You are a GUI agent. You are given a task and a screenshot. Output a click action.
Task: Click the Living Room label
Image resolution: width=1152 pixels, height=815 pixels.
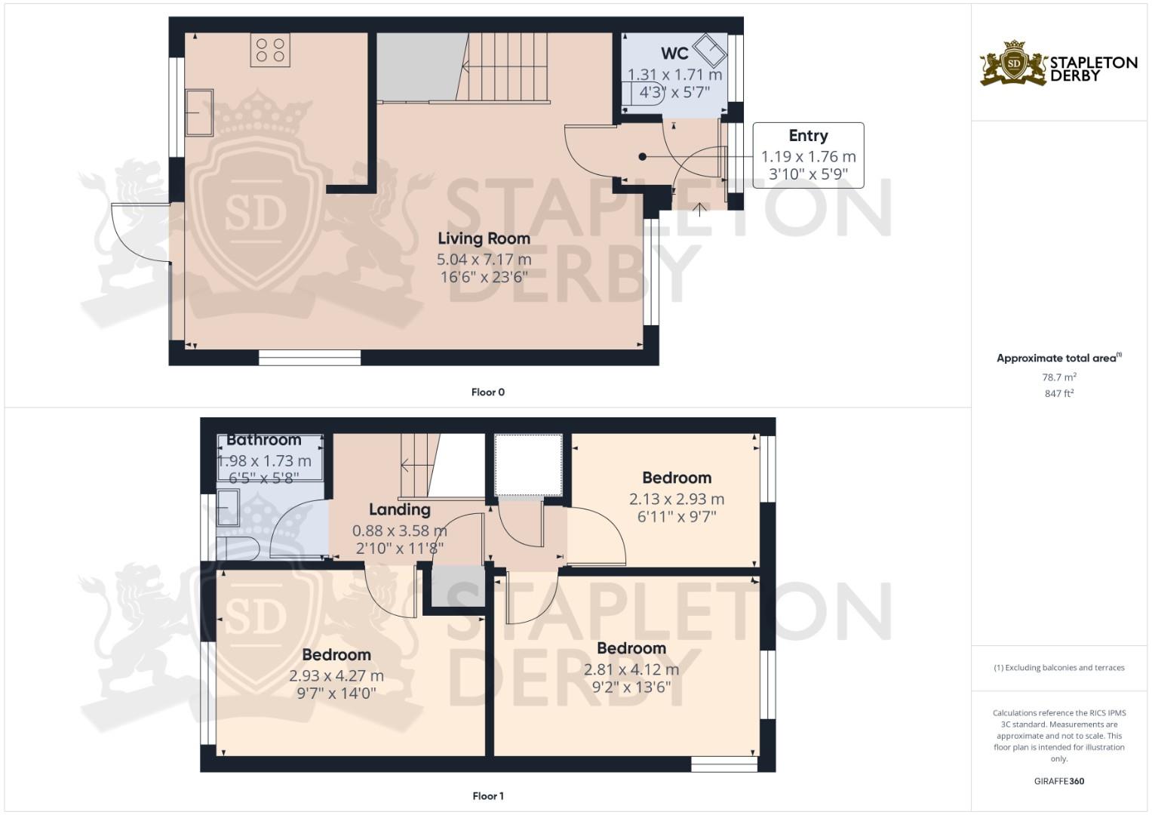point(484,238)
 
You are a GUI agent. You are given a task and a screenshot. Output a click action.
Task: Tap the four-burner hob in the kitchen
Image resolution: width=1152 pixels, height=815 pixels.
point(270,51)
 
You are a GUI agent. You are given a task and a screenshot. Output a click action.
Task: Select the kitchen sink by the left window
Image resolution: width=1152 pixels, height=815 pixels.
point(199,112)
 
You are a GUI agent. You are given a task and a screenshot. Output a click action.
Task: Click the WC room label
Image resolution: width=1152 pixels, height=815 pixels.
point(674,54)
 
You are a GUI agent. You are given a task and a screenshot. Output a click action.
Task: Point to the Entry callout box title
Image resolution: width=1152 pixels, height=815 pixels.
point(808,136)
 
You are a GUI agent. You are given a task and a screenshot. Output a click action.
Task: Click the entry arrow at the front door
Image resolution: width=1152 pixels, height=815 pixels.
point(699,209)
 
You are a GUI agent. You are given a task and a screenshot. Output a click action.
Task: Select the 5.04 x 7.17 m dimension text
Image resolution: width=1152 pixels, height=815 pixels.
point(484,259)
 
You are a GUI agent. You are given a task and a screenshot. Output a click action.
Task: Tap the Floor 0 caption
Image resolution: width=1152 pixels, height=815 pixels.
point(487,392)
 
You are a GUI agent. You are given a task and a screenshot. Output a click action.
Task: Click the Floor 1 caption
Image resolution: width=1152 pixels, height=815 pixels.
point(487,796)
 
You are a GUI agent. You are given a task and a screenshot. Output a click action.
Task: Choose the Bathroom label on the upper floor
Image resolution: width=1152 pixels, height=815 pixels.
point(263,440)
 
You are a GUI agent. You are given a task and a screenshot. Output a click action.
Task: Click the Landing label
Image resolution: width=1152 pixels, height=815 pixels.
point(399,510)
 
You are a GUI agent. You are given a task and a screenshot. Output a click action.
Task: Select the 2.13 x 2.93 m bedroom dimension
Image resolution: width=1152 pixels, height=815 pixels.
point(676,499)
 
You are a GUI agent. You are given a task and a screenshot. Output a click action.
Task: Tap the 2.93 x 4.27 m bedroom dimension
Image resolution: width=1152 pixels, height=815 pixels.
point(336,676)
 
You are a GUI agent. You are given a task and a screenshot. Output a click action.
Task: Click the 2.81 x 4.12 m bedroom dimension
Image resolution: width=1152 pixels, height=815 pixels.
point(631,669)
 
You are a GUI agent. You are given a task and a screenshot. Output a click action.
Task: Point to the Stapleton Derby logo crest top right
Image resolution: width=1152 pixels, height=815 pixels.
point(1014,63)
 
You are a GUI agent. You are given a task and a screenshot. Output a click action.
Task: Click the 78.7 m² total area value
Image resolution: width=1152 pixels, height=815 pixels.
point(1058,377)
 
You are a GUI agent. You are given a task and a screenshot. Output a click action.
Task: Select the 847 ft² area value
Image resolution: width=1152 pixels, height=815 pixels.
point(1058,393)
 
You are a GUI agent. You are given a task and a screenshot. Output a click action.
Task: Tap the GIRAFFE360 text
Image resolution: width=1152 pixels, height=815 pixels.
point(1058,781)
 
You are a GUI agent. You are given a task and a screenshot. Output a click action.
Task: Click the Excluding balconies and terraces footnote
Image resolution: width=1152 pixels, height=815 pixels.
point(1058,668)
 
